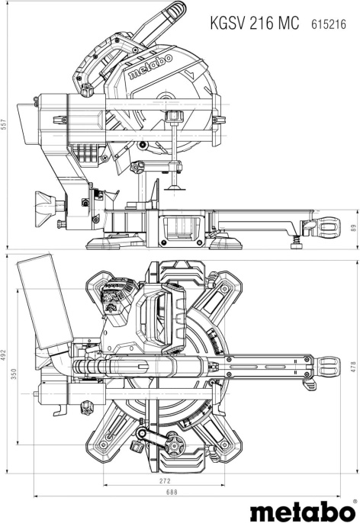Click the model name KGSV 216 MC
point(256,24)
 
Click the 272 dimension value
point(165,483)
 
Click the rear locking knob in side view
point(46,204)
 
